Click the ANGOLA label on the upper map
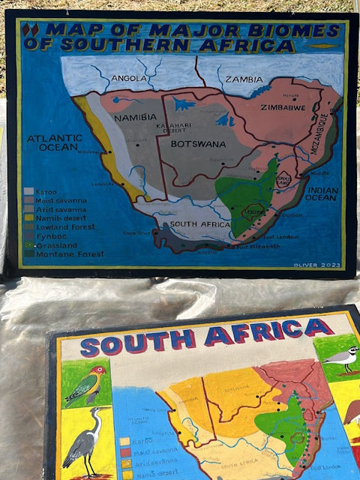click(128, 78)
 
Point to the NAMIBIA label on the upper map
click(135, 118)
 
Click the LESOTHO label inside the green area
click(256, 212)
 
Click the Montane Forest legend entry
click(60, 253)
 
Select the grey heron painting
click(81, 442)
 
